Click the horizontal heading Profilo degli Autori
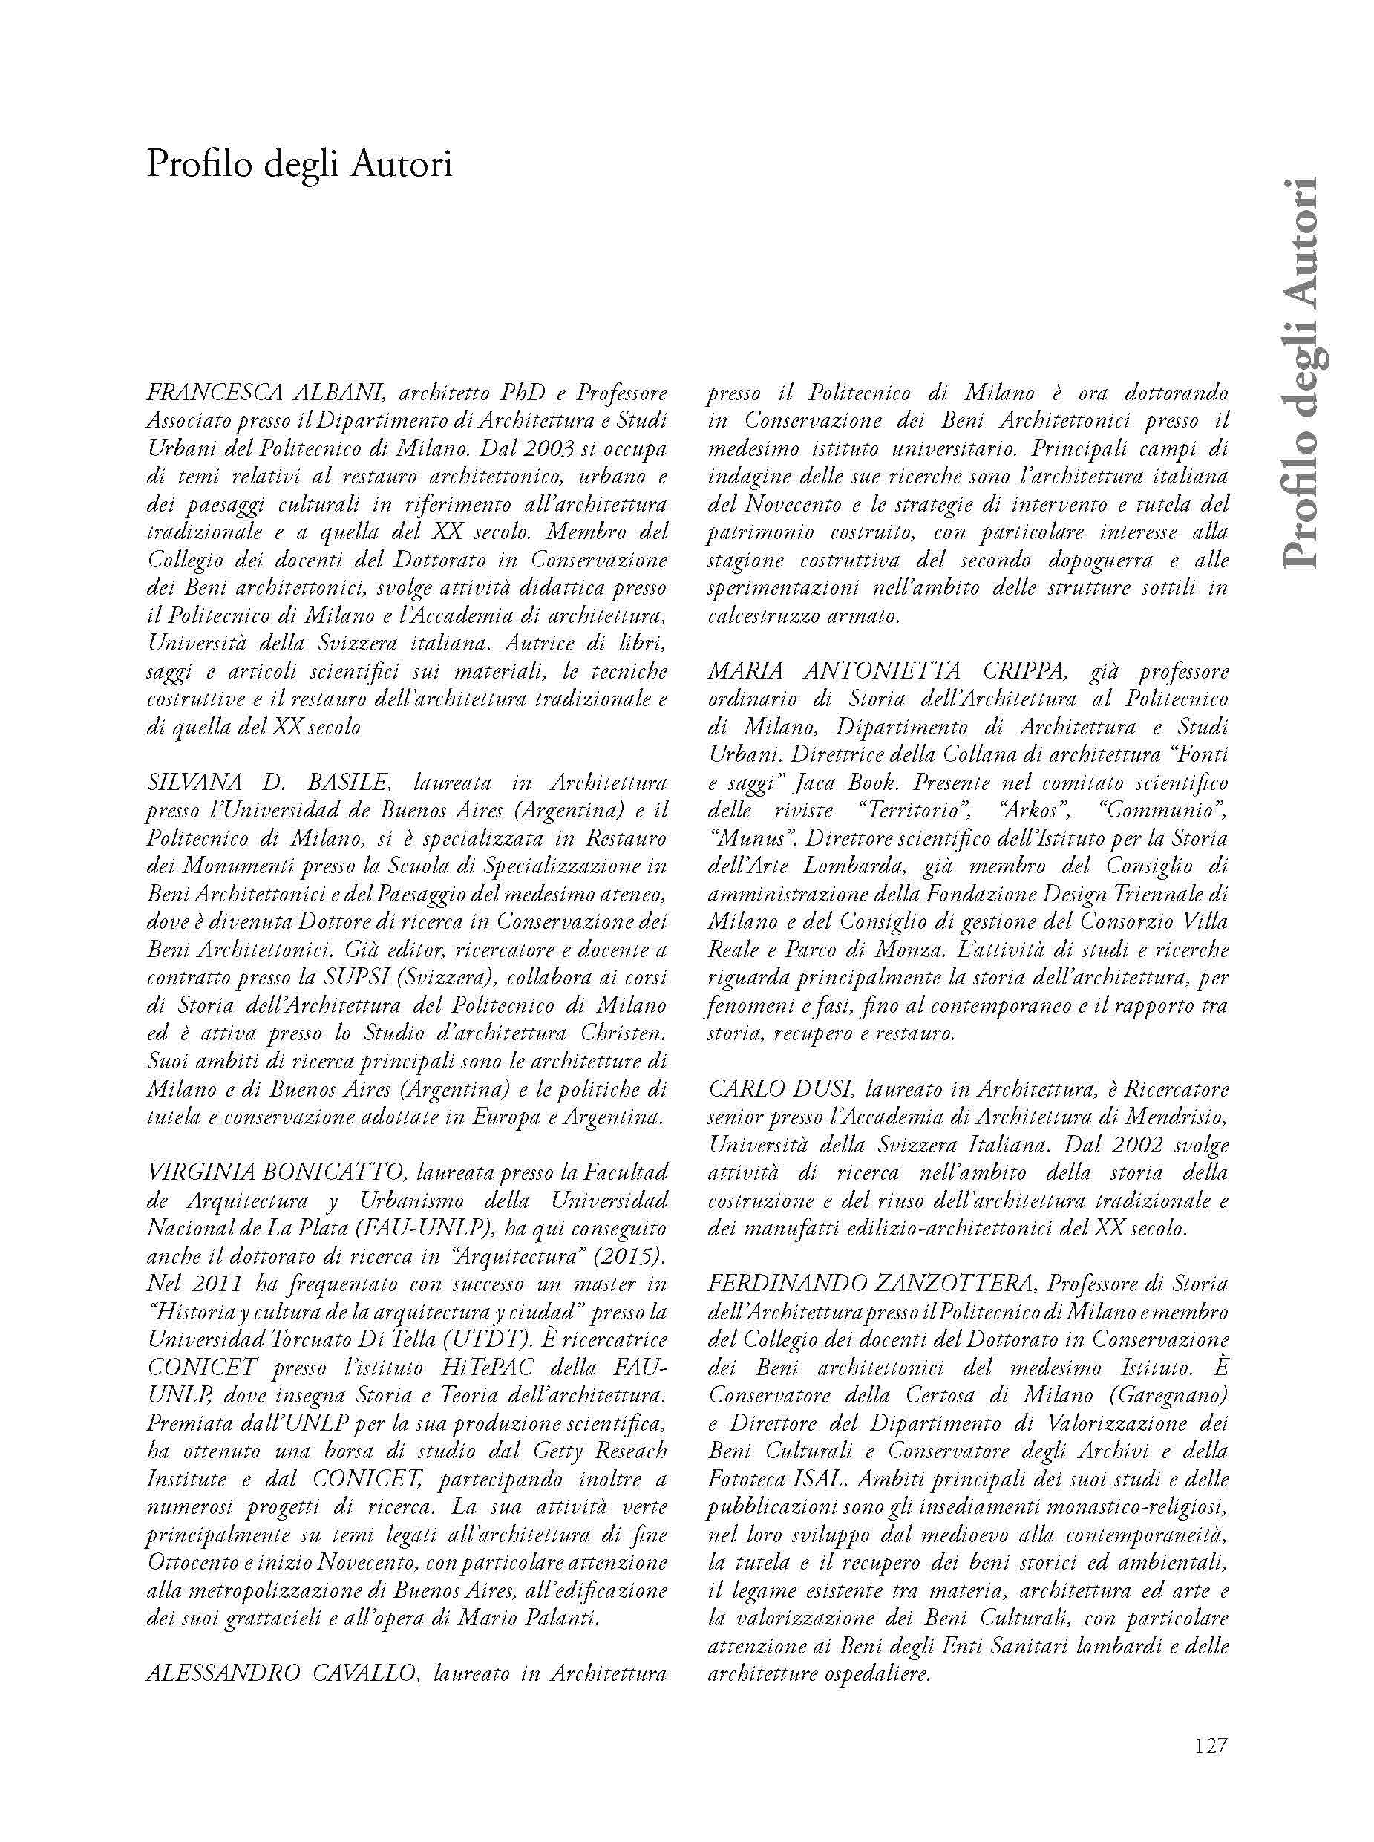(299, 164)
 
